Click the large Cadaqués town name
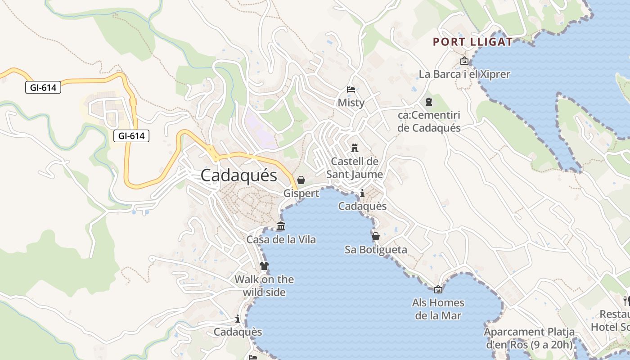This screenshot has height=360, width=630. click(x=238, y=175)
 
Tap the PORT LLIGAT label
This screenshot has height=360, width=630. click(x=472, y=42)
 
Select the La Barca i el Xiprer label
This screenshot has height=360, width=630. click(x=464, y=74)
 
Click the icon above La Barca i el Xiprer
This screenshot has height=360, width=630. click(x=464, y=61)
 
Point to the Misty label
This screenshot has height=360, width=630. click(x=351, y=103)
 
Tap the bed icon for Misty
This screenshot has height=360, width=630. click(x=351, y=89)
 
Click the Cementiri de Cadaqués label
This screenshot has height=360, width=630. click(x=429, y=121)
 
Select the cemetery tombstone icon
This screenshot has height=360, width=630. click(x=429, y=102)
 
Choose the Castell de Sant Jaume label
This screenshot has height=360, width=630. click(x=355, y=167)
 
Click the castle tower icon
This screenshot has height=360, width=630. click(x=355, y=148)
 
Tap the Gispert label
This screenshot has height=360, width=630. click(x=301, y=193)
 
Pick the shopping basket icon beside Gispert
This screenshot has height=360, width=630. click(x=301, y=180)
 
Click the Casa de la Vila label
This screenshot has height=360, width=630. click(x=281, y=239)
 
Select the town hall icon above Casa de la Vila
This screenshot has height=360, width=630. click(x=281, y=226)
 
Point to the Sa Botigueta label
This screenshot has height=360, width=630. click(x=376, y=250)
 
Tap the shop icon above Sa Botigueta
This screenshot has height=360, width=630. click(x=376, y=236)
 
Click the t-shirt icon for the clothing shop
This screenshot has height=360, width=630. click(x=264, y=266)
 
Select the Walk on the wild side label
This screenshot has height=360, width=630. click(x=264, y=286)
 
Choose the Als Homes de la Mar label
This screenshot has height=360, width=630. click(x=438, y=309)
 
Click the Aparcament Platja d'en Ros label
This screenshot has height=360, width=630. click(x=529, y=338)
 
